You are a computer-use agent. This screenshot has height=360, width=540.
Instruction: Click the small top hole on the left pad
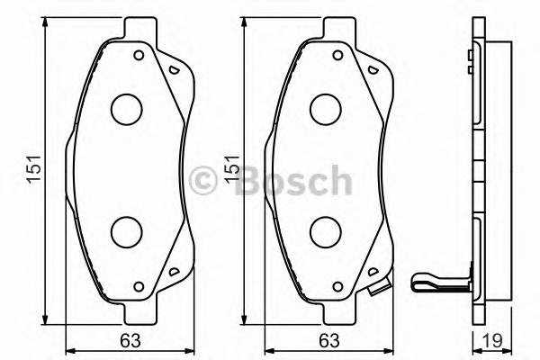(139, 56)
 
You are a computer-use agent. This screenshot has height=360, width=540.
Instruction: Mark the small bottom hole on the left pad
(139, 287)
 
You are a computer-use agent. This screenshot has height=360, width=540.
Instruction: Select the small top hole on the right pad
(339, 56)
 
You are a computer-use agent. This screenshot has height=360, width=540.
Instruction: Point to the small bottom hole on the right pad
(339, 287)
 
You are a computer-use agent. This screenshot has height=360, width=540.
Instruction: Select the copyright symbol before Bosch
(209, 181)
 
